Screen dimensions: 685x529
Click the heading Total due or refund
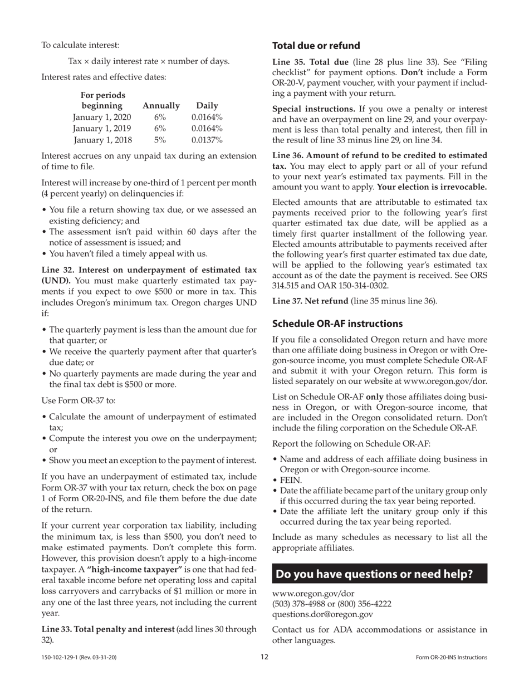point(316,46)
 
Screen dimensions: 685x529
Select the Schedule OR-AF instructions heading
point(337,324)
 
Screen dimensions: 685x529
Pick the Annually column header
point(161,105)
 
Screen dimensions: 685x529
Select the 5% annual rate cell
point(160,140)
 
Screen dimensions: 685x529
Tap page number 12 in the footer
point(264,657)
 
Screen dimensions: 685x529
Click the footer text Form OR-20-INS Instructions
point(451,658)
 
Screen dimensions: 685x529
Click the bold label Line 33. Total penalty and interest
point(108,629)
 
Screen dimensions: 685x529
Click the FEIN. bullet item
point(291,480)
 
